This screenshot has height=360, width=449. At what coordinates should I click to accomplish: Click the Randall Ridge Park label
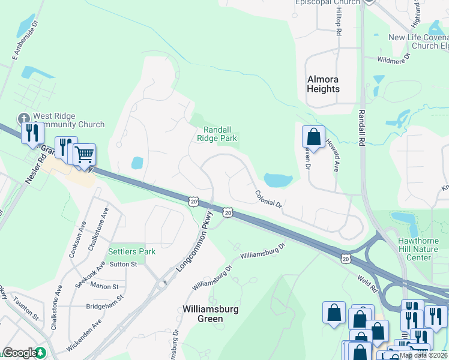click(x=217, y=133)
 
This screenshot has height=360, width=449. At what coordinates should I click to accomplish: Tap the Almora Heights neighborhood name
click(x=324, y=84)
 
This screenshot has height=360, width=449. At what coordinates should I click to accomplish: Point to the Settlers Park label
click(x=131, y=251)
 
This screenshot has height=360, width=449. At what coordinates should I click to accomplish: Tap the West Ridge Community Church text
click(x=68, y=120)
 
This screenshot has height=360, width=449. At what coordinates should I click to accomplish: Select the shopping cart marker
click(x=85, y=154)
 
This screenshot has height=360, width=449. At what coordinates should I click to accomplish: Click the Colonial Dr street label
click(x=268, y=199)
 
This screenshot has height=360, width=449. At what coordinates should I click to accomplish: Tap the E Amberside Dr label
click(x=24, y=43)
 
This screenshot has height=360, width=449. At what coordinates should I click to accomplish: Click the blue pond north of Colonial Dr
click(x=277, y=179)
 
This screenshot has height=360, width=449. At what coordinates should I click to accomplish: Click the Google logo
click(x=20, y=353)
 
